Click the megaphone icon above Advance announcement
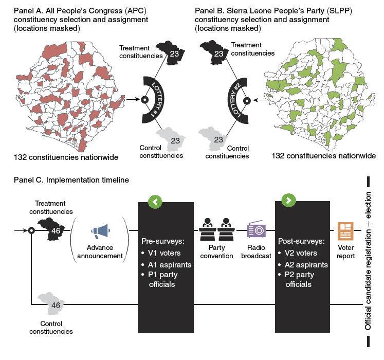101,232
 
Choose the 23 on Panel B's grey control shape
218,140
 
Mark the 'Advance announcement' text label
101,252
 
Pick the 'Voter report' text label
346,251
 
